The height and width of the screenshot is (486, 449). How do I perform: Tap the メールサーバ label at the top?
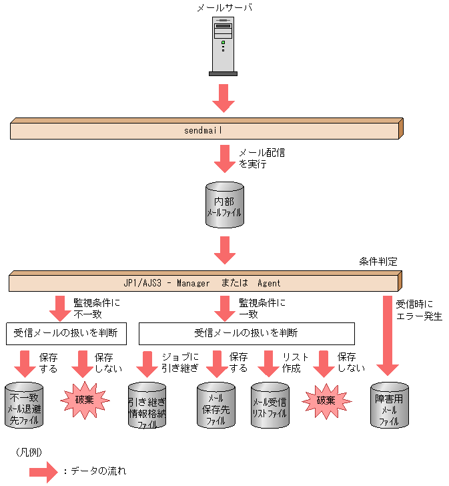[x=224, y=7]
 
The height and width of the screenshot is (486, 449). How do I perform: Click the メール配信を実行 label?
[x=262, y=158]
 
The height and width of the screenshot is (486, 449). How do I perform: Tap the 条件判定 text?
[x=378, y=262]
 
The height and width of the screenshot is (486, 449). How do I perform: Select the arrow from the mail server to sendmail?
[x=224, y=97]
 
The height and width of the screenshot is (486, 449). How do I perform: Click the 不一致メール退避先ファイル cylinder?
[x=24, y=405]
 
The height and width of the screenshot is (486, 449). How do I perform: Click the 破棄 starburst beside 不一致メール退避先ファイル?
[x=84, y=401]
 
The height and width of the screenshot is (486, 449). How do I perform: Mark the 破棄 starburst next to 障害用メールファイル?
[x=326, y=401]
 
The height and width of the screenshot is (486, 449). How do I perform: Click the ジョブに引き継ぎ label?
[x=179, y=362]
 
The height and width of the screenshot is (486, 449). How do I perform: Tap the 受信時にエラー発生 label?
[x=419, y=310]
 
